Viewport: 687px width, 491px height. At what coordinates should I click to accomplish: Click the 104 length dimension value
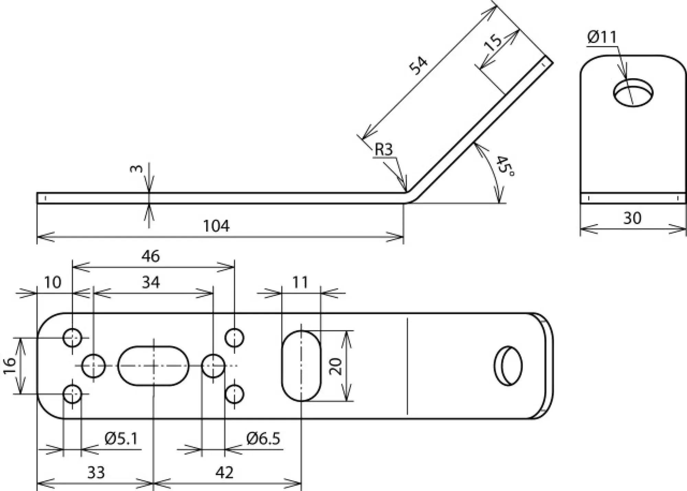coord(216,226)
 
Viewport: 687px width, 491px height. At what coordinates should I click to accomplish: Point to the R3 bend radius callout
coord(383,150)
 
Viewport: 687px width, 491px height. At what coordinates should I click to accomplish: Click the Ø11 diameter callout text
coord(602,37)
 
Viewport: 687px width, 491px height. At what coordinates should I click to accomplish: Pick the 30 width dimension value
coord(632,218)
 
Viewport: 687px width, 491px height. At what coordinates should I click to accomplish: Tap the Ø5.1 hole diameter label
coord(121,439)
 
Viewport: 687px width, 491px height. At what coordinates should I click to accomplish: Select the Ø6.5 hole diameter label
coord(263,439)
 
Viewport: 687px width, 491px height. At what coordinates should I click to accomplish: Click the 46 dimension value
coord(150,256)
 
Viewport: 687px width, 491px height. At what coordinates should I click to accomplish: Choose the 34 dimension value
coord(151,282)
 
